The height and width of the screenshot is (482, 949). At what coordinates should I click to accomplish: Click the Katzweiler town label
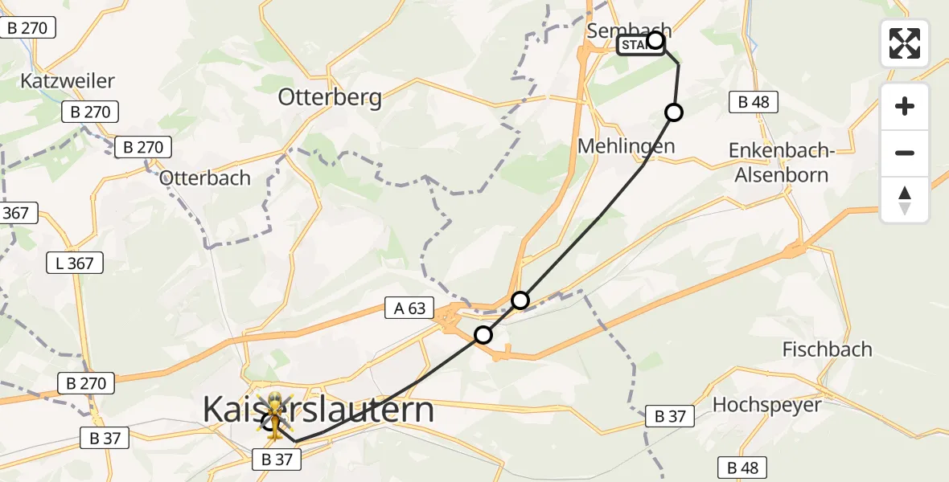[x=68, y=81]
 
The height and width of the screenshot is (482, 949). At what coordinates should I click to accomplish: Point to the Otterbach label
[x=205, y=178]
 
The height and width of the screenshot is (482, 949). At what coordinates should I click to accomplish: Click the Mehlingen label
[x=626, y=145]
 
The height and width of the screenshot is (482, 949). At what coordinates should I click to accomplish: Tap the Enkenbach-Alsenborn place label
[x=779, y=162]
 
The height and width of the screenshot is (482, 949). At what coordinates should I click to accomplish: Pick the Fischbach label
[x=827, y=349]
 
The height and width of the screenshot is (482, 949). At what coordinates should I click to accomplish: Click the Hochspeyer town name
[x=766, y=404]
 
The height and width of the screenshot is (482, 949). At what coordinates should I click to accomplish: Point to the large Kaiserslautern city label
[x=318, y=410]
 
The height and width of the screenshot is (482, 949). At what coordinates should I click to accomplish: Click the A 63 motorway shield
[x=409, y=308]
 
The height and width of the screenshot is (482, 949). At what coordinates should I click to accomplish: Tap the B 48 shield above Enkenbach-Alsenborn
[x=754, y=101]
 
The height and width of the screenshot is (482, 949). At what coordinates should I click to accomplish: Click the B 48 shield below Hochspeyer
[x=742, y=468]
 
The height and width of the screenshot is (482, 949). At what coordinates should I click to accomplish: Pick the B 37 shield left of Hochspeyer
[x=669, y=416]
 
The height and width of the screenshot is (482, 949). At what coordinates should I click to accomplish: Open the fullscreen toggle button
[x=905, y=43]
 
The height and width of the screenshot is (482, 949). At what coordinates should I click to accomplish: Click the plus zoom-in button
[x=905, y=106]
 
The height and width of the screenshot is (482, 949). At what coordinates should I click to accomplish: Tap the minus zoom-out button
[x=905, y=153]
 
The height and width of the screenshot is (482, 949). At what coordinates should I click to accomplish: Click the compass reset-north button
[x=905, y=200]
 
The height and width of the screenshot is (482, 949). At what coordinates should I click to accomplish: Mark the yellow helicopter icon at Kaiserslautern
[x=275, y=415]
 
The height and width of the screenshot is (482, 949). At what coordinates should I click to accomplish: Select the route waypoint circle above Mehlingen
[x=674, y=112]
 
